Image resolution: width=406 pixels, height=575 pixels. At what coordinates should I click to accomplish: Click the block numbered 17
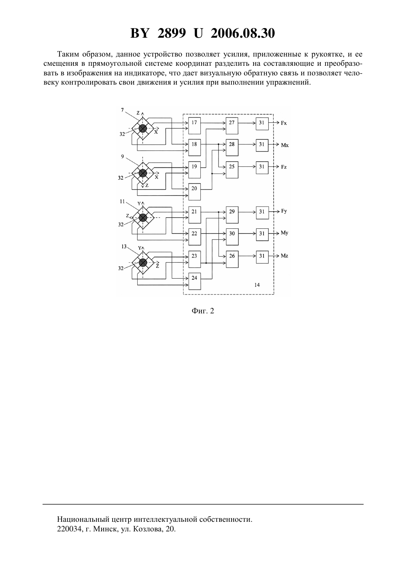194,126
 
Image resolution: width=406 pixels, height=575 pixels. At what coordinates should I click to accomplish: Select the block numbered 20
194,192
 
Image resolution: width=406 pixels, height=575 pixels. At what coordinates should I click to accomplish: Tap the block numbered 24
194,281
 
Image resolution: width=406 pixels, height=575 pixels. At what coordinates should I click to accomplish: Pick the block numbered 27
232,126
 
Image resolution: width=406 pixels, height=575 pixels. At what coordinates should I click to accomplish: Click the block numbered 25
232,170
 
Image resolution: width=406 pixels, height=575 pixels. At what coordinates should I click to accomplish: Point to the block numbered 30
232,237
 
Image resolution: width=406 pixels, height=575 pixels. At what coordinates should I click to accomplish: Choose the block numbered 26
232,259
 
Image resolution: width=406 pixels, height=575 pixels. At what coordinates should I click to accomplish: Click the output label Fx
284,123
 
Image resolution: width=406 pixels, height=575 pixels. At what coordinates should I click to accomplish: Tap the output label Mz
285,256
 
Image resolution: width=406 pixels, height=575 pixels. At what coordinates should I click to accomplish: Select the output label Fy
284,211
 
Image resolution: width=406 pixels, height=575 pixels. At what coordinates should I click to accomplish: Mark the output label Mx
285,145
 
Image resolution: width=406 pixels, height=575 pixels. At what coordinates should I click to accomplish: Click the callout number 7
122,110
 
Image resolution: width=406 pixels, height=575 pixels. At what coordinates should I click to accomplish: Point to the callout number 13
124,246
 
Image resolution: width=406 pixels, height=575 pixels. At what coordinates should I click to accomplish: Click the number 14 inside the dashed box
257,285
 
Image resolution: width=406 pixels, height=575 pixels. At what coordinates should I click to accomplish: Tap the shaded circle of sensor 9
142,173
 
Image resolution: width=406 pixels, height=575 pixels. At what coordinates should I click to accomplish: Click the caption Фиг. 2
203,311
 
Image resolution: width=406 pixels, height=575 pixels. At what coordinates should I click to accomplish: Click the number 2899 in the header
172,33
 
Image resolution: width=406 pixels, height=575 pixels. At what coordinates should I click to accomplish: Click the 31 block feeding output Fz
262,167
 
